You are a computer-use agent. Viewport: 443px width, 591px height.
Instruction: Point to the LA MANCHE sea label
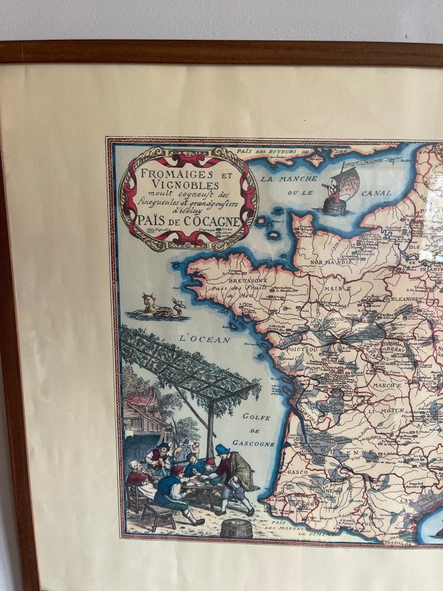288,178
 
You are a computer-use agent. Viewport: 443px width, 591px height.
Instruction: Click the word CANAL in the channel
376,193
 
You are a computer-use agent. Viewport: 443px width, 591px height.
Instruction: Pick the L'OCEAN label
204,339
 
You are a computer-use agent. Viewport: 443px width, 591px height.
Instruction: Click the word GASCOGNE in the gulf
253,443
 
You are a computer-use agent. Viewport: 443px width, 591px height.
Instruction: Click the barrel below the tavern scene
236,527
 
